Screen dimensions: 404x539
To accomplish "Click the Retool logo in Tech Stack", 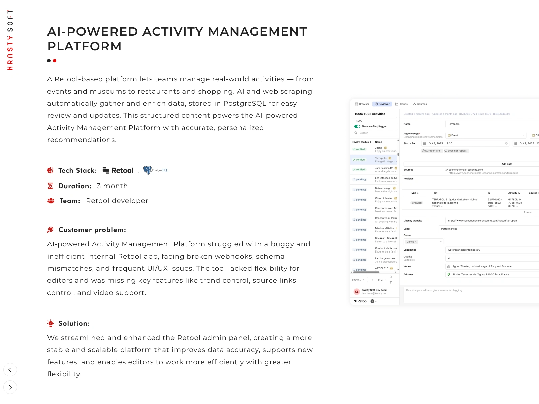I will click(118, 171).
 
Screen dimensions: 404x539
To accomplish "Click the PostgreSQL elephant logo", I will click(147, 170).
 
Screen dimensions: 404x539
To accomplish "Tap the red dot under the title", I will click(55, 61).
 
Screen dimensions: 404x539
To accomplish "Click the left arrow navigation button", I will click(10, 370).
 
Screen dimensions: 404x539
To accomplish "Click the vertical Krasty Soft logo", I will click(10, 40).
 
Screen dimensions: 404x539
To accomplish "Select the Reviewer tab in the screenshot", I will click(382, 104).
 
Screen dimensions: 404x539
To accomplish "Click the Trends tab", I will click(401, 104).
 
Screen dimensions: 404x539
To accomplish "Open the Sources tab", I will click(420, 104).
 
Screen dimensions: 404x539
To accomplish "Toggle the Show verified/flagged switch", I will click(357, 126).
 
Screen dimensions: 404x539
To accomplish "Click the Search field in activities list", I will click(375, 133).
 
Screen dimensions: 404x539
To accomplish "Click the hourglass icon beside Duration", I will click(50, 186).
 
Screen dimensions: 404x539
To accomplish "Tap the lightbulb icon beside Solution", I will click(51, 323).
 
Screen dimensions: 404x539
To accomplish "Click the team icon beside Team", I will click(51, 201).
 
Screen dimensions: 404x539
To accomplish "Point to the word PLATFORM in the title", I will click(84, 46).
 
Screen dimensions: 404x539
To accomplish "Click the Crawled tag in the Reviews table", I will click(417, 203).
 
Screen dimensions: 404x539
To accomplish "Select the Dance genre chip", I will click(411, 242).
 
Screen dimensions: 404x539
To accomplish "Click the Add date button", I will click(507, 164).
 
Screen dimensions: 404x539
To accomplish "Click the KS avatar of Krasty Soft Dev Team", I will click(357, 292).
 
